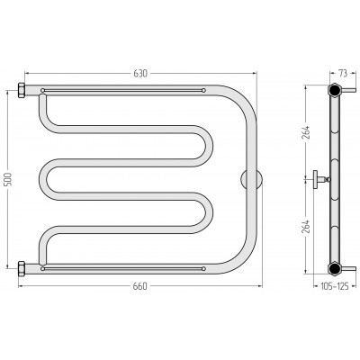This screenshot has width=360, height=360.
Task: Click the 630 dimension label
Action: tap(140, 73)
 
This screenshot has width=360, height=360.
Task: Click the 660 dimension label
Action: tap(140, 286)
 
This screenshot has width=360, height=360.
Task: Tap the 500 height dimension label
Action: tap(8, 179)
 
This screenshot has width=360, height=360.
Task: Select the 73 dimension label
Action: tap(343, 73)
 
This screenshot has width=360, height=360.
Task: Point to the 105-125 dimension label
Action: tap(334, 286)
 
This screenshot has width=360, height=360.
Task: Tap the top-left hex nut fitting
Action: tap(22, 90)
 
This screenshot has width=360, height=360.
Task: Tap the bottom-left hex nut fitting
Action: tap(22, 268)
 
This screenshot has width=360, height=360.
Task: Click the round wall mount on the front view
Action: tap(251, 179)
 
